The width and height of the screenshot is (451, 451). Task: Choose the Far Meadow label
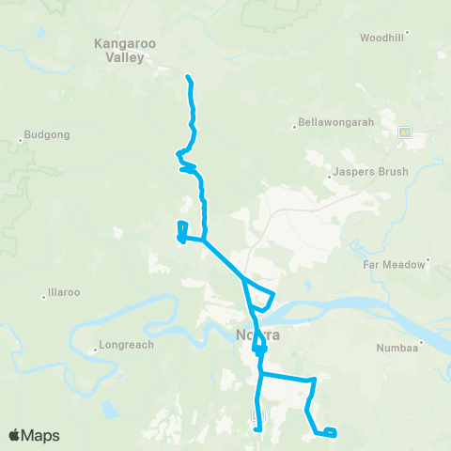tap(395, 265)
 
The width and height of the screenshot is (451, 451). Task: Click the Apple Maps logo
tap(34, 435)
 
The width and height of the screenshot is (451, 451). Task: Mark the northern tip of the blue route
tap(189, 76)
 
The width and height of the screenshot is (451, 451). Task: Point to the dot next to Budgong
tap(21, 142)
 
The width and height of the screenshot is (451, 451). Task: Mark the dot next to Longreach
tap(95, 350)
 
